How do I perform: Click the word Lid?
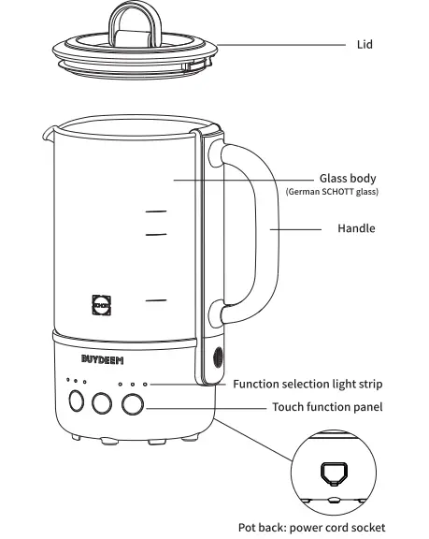coord(365,44)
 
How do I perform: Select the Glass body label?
coord(348,178)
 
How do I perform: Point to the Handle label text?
coord(355,228)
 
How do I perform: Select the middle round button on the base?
coord(101,402)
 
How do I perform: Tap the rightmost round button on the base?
coord(133,402)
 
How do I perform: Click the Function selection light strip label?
coord(307,384)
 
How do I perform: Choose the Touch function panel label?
coord(326,407)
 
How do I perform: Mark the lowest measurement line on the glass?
coord(155,299)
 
